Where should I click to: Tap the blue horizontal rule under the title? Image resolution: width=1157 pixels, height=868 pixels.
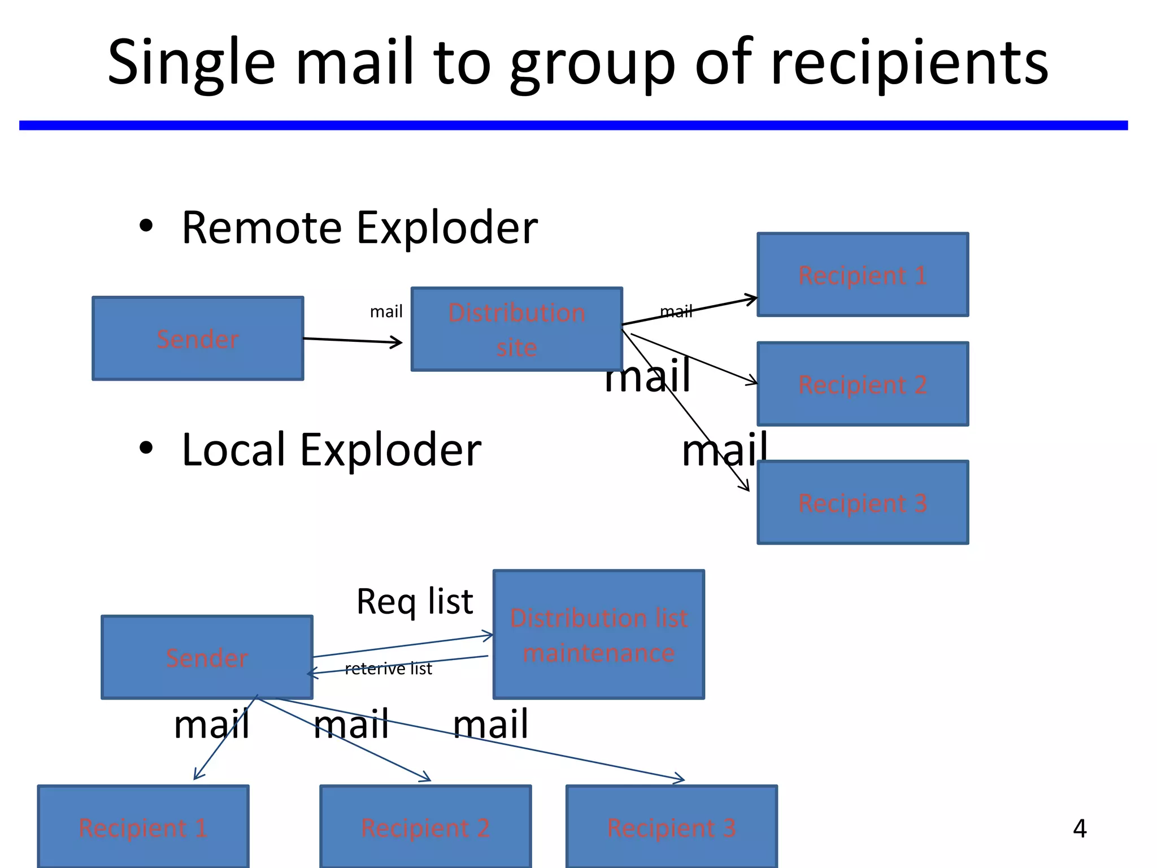pos(573,125)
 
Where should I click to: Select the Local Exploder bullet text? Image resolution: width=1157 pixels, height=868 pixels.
pos(331,450)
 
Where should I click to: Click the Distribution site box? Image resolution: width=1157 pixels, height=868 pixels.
pos(516,329)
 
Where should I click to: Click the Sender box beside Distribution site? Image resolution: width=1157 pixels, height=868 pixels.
pos(198,338)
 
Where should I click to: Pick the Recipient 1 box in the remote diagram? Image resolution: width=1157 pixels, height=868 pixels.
pos(863,275)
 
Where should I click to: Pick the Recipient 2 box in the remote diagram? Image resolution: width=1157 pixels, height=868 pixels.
pos(863,384)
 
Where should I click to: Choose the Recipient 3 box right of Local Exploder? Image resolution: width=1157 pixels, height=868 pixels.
pos(863,502)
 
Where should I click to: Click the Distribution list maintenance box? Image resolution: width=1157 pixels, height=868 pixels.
pos(598,635)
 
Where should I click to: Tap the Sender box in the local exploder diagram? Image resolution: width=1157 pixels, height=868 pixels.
pos(207,658)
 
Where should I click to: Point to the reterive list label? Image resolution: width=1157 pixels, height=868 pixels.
pos(388,669)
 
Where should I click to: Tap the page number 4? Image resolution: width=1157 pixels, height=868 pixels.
pos(1079,828)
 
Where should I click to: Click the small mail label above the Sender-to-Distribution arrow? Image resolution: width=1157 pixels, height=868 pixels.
pos(386,311)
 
